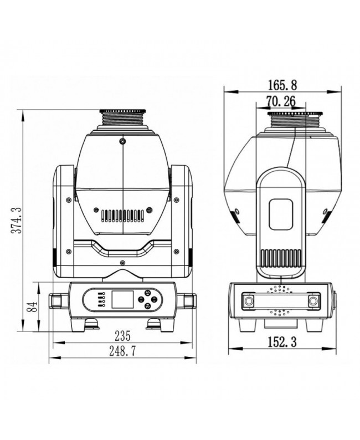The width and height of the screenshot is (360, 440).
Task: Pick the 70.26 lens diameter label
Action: [x=281, y=101]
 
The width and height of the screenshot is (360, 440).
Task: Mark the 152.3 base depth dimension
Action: [x=281, y=342]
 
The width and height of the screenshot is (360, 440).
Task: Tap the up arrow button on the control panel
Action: [x=148, y=293]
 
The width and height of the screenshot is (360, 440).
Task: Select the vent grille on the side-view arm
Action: [x=281, y=258]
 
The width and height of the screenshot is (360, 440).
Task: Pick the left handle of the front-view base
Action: [x=58, y=300]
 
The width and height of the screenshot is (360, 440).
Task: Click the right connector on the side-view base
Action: [x=315, y=300]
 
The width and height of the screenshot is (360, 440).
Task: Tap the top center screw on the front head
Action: [x=122, y=141]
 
